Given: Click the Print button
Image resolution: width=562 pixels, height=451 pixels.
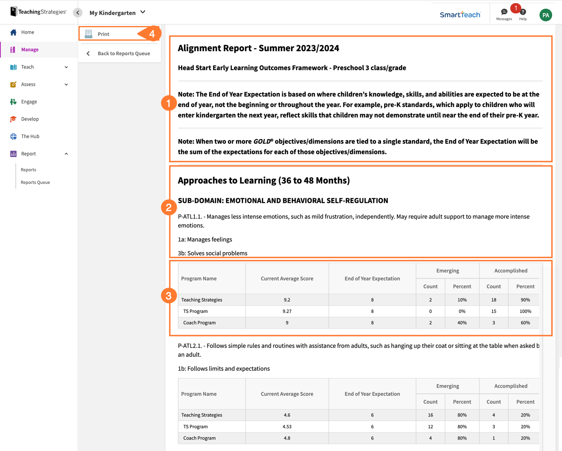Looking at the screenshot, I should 103,34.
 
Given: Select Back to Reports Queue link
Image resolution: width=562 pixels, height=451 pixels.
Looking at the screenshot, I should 123,54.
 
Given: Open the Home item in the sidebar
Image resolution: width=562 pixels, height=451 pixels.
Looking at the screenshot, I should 28,32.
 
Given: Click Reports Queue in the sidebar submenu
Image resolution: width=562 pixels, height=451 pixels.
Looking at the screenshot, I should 35,182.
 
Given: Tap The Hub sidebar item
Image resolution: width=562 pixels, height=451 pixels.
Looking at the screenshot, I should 30,137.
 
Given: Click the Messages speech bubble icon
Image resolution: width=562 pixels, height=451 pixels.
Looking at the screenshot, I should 504,12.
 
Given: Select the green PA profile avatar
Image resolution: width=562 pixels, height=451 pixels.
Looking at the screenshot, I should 545,15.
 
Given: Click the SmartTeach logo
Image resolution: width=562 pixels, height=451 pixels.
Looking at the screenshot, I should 460,15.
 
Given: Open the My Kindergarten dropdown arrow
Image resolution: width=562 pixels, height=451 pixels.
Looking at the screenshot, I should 143,12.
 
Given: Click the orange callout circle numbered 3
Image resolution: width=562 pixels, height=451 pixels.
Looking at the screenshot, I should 168,296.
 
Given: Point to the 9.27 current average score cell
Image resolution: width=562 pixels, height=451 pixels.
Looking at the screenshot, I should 287,311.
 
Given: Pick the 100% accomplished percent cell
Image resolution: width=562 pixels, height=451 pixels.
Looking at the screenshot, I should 525,311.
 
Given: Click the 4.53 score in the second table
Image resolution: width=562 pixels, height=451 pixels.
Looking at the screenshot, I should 287,427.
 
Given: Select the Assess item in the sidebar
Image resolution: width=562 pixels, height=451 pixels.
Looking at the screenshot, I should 28,84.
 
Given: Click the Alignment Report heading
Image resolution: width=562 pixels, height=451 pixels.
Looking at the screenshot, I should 258,48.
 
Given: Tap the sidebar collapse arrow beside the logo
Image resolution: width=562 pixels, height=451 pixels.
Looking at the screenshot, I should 78,13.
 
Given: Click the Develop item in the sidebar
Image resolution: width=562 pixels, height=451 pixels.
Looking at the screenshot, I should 30,119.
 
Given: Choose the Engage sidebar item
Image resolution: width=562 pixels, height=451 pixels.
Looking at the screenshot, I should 29,102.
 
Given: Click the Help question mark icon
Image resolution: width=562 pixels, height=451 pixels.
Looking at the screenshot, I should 523,12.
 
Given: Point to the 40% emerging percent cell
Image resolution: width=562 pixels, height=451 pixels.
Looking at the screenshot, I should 462,323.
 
